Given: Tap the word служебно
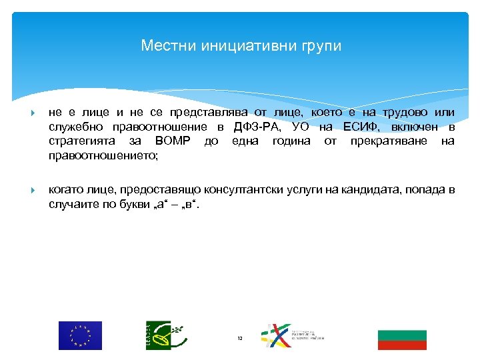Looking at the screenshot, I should [75, 127].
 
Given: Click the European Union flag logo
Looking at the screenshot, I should [80, 335].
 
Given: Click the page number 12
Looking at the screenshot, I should [240, 339].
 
